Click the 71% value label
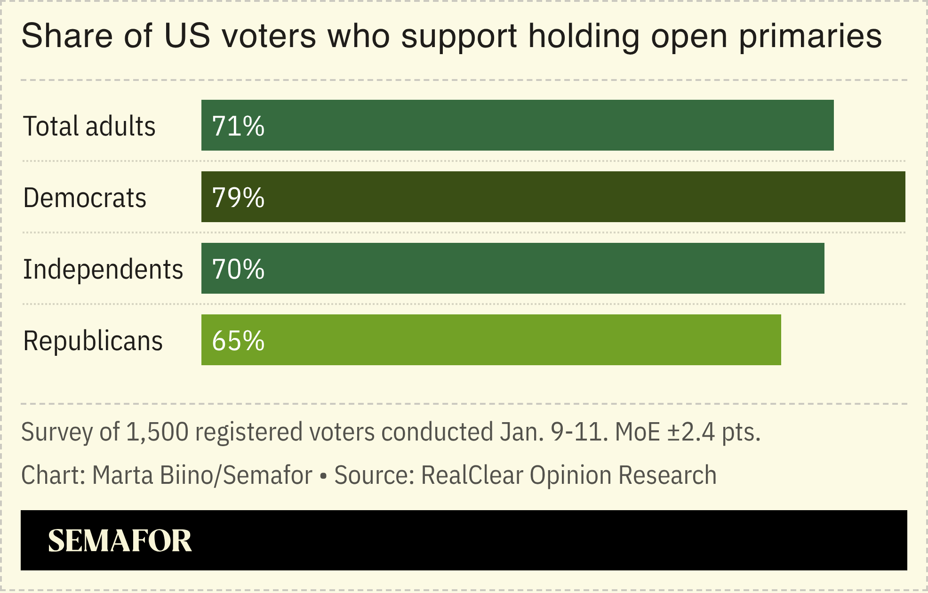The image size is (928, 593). point(238,126)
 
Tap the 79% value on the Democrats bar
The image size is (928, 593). point(238,198)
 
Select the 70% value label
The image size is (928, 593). point(238,269)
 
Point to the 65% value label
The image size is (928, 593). point(238,341)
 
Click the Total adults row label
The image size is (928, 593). point(89,126)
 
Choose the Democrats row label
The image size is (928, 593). point(85,198)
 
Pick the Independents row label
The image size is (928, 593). point(103,269)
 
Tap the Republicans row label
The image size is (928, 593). point(93,341)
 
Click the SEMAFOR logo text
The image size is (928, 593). point(120,541)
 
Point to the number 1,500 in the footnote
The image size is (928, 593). point(157,432)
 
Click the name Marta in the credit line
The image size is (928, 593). point(122,475)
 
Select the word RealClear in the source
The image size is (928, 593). point(472,475)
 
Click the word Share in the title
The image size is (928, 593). point(67,36)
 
